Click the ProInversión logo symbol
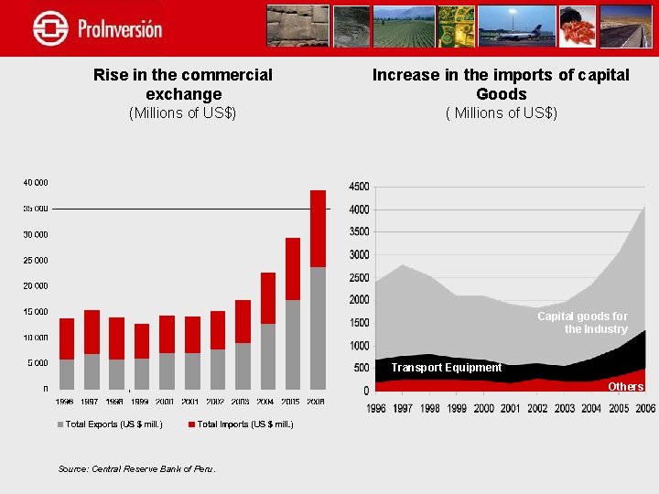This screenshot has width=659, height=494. [50, 27]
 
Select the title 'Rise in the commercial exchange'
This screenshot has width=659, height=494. [183, 84]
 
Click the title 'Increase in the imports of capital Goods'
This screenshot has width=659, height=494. [501, 84]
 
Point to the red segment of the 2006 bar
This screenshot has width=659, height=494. [318, 229]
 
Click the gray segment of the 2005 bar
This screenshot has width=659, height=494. [293, 344]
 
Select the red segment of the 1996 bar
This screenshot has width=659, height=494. [67, 338]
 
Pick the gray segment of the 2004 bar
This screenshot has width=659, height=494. [268, 356]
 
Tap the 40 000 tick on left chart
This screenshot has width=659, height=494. [36, 183]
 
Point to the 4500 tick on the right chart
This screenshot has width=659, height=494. [359, 187]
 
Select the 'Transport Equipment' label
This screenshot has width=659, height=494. [446, 368]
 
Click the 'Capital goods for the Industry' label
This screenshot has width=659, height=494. [582, 322]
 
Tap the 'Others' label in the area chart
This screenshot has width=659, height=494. [626, 386]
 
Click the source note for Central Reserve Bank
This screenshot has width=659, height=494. [136, 468]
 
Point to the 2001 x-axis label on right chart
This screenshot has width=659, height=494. [511, 409]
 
